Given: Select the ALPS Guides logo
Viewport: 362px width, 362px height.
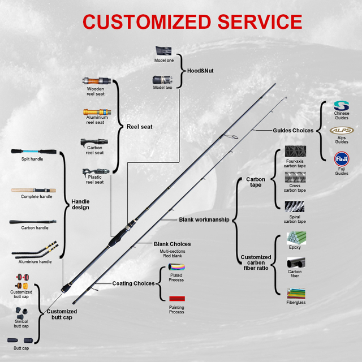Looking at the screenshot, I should tap(342, 131).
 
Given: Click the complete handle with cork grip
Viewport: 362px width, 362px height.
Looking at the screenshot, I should tap(36, 190).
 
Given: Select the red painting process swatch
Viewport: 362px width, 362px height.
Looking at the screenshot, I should tap(176, 298).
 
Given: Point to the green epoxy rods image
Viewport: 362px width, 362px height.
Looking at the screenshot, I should tap(296, 238).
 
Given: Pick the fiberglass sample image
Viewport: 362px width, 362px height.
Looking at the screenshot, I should tap(296, 293).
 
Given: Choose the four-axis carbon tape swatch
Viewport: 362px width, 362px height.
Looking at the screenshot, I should tap(295, 152).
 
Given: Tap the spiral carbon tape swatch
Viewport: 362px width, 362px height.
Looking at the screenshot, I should tap(295, 208).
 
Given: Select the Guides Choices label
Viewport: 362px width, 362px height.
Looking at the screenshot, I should tap(292, 131).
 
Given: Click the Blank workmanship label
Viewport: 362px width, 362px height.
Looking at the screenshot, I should tap(204, 219).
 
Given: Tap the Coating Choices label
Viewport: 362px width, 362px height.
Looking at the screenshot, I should tap(133, 283).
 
